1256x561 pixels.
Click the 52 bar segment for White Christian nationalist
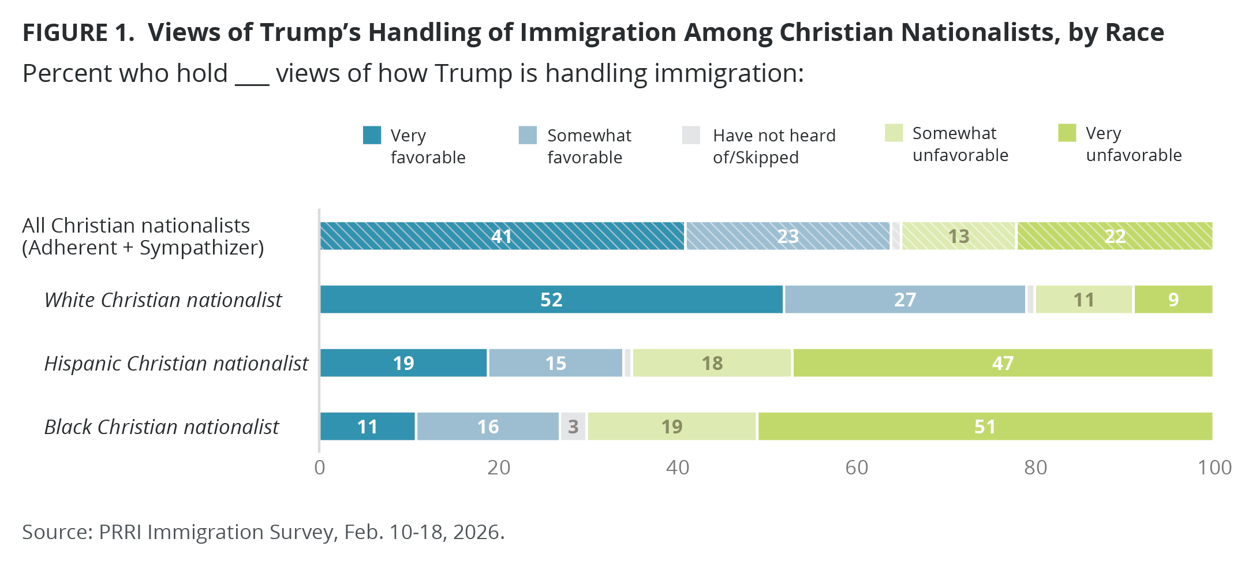(x=551, y=300)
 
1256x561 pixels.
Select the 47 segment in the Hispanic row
(x=1003, y=363)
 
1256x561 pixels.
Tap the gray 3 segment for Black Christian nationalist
(x=573, y=427)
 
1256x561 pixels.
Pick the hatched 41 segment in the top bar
(x=502, y=236)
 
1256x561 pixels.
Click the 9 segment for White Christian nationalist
(x=1173, y=300)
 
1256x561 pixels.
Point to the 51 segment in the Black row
(x=985, y=427)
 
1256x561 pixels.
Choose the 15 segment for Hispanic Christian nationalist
(x=555, y=363)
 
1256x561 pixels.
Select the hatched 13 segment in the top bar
(x=958, y=236)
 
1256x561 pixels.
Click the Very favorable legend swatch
(x=372, y=135)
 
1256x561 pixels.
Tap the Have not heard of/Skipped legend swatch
(x=691, y=135)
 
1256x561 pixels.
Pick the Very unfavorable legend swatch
(x=1067, y=133)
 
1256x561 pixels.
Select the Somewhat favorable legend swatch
(x=528, y=135)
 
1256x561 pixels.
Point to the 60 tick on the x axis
(x=857, y=467)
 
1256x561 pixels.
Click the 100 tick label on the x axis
(x=1214, y=467)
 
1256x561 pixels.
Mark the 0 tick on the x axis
(x=320, y=467)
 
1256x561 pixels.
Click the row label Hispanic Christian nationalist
(x=176, y=364)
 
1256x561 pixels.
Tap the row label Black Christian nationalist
(x=162, y=427)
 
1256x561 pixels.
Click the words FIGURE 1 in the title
(x=78, y=32)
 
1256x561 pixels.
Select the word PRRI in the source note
(x=120, y=532)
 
